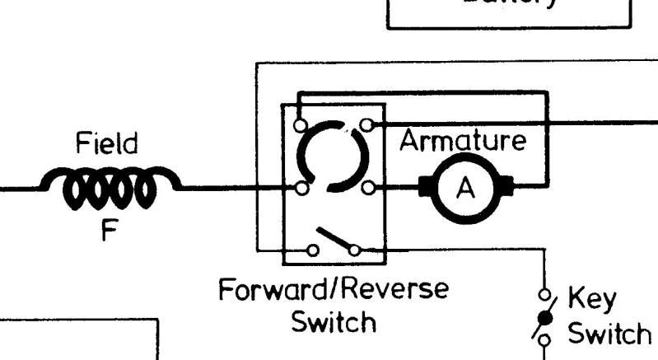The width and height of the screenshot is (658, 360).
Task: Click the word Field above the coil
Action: click(x=107, y=145)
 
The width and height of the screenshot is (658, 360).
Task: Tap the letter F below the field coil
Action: click(x=109, y=231)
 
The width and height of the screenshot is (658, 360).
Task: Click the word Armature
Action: click(x=462, y=141)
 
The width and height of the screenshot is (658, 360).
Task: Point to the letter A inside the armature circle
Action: click(x=466, y=189)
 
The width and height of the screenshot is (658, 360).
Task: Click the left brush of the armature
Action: click(x=427, y=188)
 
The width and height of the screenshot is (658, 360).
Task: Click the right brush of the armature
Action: click(x=505, y=188)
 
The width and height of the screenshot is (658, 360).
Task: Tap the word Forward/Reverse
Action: click(x=334, y=290)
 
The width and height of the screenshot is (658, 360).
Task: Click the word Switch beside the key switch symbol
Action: click(x=609, y=334)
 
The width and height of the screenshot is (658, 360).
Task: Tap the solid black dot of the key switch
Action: click(x=544, y=317)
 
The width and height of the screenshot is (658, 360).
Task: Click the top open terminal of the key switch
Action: click(x=544, y=294)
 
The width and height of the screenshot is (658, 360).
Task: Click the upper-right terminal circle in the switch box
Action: click(x=367, y=125)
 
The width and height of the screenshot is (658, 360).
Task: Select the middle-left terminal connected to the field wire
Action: click(x=302, y=189)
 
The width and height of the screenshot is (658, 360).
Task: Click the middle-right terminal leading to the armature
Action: click(x=367, y=189)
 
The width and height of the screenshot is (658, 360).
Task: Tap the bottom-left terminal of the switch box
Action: click(x=314, y=250)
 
